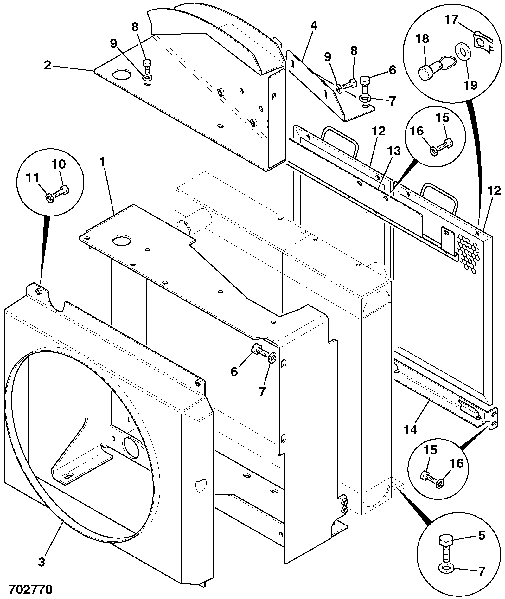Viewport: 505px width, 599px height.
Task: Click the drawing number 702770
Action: tap(30, 589)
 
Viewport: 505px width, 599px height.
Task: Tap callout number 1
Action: tap(102, 162)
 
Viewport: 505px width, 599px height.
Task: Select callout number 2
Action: tap(48, 66)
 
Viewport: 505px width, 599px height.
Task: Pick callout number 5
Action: tap(481, 536)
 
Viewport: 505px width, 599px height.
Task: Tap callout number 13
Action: tap(395, 151)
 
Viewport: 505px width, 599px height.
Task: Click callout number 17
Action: tap(451, 20)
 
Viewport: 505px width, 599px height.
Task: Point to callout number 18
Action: tap(422, 39)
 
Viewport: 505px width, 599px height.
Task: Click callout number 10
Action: tap(59, 164)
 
